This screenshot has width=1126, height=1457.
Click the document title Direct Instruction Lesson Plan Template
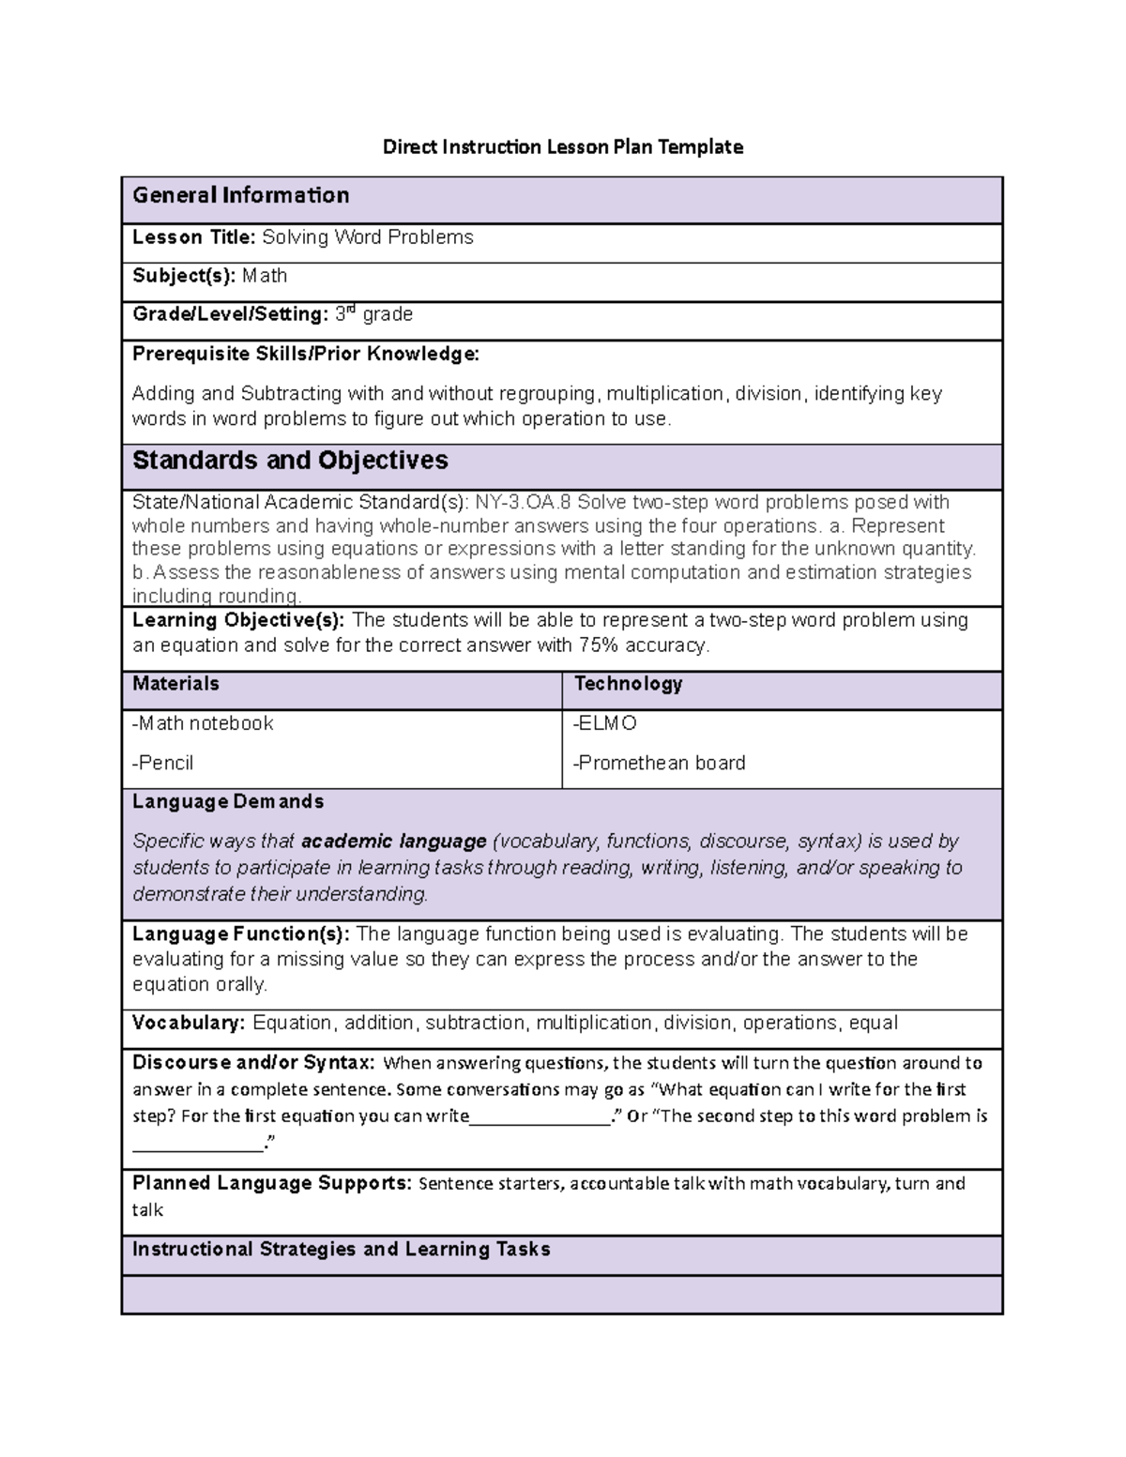point(562,146)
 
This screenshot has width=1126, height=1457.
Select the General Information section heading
point(240,195)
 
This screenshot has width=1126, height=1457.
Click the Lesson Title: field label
point(193,237)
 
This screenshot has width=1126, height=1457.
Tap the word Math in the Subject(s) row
point(265,276)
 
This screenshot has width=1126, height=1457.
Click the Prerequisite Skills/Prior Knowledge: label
point(305,354)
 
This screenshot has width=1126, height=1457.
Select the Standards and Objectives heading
point(290,461)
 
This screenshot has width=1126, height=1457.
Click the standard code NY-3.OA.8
point(524,502)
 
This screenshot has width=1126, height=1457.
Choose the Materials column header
point(175,684)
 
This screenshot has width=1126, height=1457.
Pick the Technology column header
point(628,684)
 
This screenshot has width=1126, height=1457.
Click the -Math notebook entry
point(203,723)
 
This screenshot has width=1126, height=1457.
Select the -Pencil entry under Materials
point(162,763)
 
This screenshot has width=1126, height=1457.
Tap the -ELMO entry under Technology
point(605,723)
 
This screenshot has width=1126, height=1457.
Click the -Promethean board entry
point(659,763)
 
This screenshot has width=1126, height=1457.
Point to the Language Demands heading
point(228,801)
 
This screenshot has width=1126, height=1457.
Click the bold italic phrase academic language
point(394,842)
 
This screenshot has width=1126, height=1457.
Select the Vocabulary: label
point(189,1023)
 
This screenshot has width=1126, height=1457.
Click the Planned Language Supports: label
point(272,1183)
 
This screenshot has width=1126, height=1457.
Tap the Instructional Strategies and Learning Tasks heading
point(341,1250)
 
